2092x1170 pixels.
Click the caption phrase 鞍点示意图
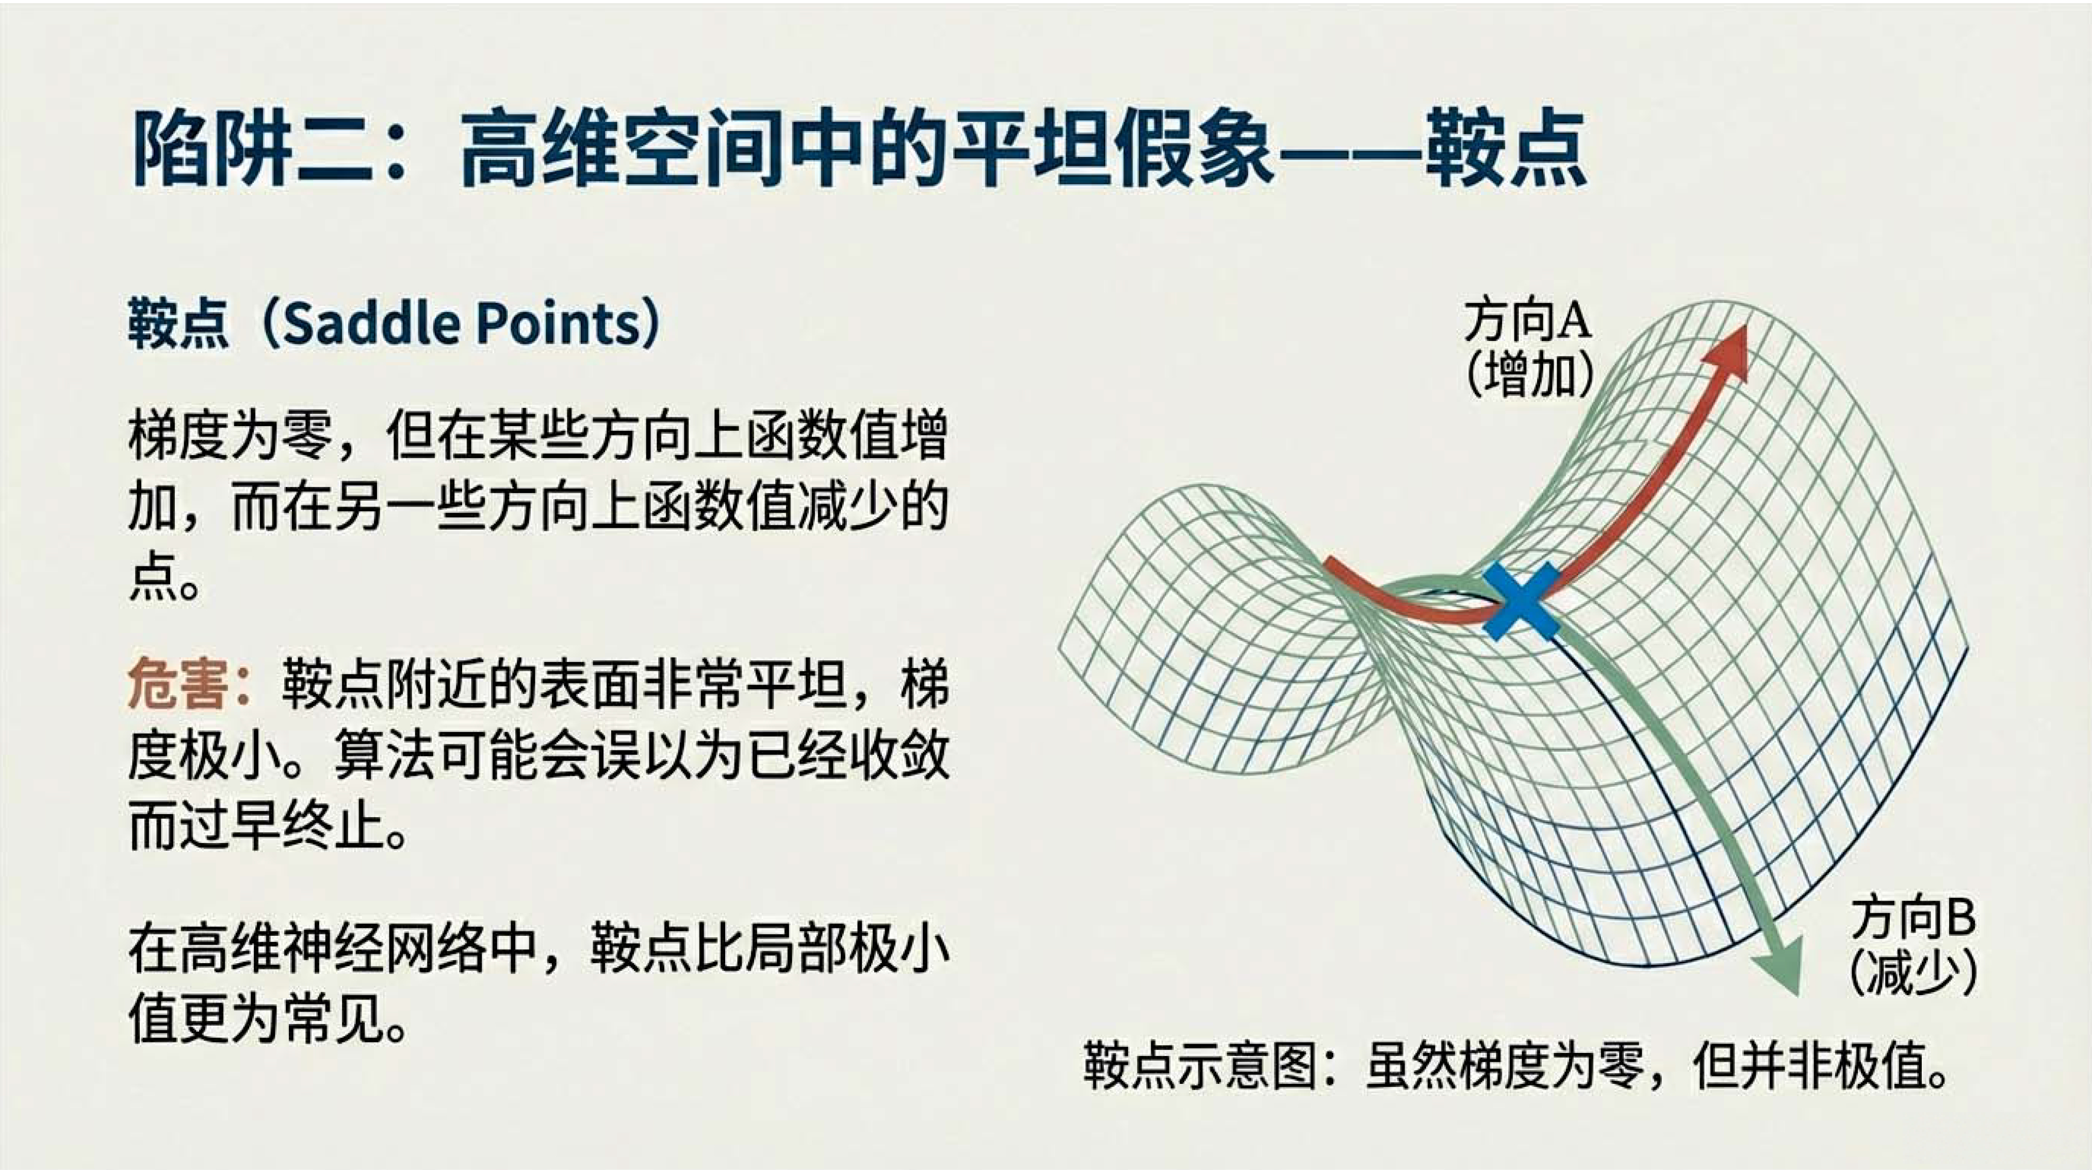pos(1200,1065)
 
